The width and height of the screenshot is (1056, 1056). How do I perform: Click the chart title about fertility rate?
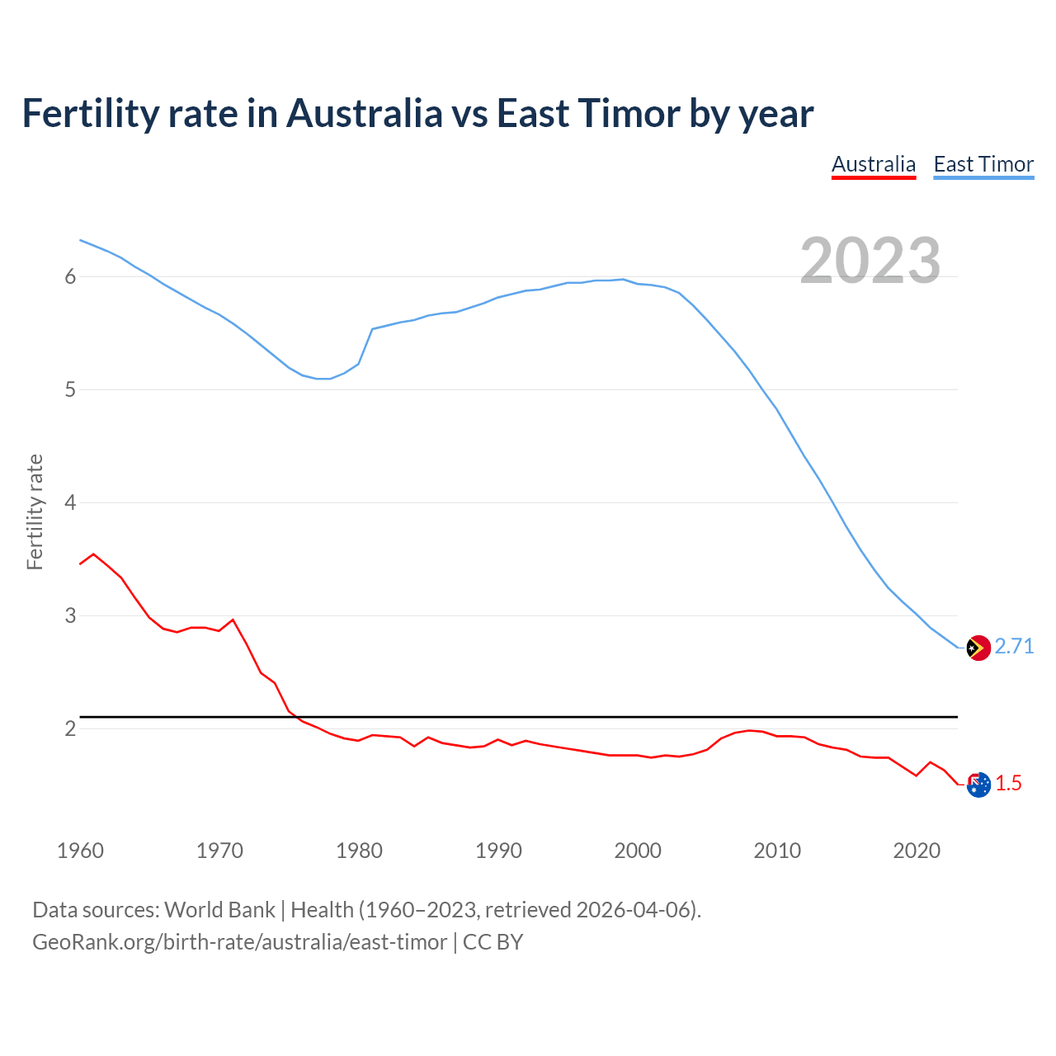click(417, 114)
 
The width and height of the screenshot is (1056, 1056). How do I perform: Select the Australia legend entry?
click(874, 164)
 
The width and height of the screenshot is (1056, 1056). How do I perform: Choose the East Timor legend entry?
click(983, 164)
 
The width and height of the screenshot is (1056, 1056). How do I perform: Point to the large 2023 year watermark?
click(870, 261)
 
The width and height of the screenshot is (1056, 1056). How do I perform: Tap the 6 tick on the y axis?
click(70, 276)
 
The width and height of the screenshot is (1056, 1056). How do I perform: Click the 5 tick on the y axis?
click(70, 389)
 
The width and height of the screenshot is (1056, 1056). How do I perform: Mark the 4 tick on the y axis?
click(70, 502)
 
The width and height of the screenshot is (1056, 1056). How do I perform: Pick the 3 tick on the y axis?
click(70, 615)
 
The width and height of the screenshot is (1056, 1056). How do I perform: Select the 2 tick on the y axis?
click(70, 728)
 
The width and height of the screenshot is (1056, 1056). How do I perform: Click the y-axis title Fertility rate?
click(35, 511)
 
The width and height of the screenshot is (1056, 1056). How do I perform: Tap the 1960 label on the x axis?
click(80, 851)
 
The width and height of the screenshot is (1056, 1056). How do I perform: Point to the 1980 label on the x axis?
click(359, 851)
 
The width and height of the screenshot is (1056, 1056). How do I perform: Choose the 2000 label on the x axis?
click(638, 851)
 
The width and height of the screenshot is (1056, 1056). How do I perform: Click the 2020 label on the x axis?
click(917, 851)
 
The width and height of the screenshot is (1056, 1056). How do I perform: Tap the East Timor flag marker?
click(978, 648)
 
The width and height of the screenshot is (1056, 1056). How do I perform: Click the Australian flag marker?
click(978, 785)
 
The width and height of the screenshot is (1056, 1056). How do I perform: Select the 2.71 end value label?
click(1014, 647)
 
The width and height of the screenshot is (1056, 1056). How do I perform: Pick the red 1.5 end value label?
click(1008, 784)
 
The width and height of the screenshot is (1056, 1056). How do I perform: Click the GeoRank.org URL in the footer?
click(239, 942)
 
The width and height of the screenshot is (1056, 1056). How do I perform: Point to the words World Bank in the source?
click(219, 910)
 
